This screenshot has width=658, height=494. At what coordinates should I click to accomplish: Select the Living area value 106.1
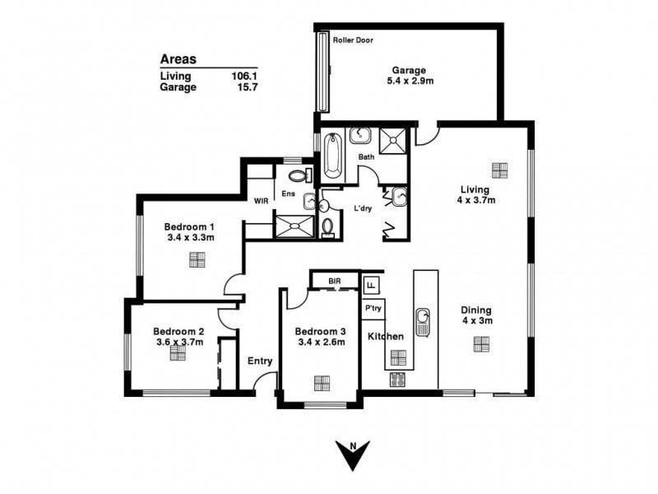point(245,76)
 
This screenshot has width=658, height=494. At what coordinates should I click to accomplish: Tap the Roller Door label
point(354,39)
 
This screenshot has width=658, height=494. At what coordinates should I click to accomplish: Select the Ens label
point(289,193)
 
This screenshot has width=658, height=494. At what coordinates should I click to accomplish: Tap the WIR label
point(261,200)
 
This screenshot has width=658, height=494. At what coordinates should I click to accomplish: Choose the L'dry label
point(363,208)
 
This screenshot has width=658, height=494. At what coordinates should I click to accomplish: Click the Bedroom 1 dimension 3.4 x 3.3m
point(190,238)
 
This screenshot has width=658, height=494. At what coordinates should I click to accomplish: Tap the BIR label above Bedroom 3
point(335,282)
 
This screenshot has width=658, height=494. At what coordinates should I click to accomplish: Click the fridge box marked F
point(372,285)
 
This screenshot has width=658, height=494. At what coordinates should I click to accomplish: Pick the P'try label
point(373,308)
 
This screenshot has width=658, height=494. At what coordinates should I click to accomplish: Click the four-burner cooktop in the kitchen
point(397,380)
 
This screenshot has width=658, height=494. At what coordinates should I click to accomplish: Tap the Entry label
point(260,360)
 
